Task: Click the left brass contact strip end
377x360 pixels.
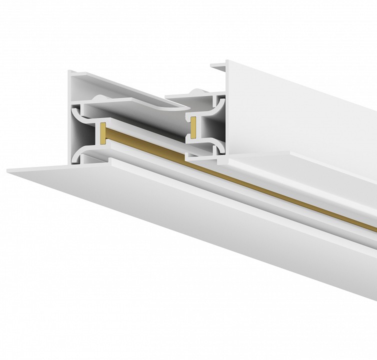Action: [102, 131]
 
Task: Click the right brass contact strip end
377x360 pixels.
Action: [192, 127]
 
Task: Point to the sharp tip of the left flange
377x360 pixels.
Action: [8, 171]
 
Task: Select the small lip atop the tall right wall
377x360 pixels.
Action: [218, 65]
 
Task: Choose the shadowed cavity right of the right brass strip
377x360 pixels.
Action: [206, 127]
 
